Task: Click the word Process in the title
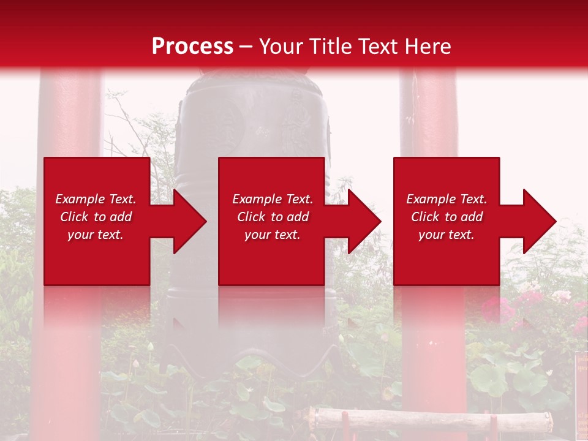pos(192,47)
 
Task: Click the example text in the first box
pos(96,217)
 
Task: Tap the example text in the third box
pos(447,217)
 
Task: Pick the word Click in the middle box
pos(251,217)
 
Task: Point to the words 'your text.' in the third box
pos(447,235)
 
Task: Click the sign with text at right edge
pos(580,392)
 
